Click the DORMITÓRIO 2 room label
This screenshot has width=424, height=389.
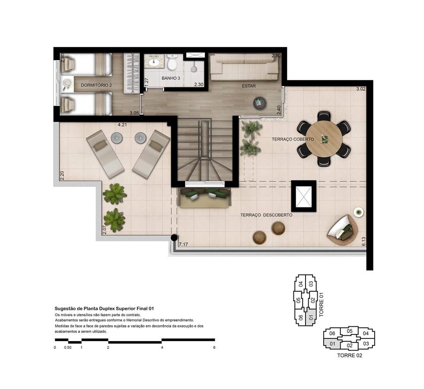(96, 85)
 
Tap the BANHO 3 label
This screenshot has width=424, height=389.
(172, 78)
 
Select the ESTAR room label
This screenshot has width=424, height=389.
(249, 86)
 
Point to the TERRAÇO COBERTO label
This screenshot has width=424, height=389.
(293, 140)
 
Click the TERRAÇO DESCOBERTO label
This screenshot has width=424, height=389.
(266, 215)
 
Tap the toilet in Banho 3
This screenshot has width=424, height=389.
(172, 63)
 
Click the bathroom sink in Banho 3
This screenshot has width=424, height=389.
(154, 62)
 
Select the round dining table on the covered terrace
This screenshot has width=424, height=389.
(325, 139)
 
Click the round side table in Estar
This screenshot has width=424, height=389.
(260, 102)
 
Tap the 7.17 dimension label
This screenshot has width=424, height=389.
(183, 245)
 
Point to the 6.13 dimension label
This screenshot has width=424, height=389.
(363, 241)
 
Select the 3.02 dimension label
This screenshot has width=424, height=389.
(360, 89)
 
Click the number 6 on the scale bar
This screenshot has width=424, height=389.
(214, 348)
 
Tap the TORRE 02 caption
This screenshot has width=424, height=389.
(349, 356)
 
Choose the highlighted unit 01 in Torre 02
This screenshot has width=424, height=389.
(332, 344)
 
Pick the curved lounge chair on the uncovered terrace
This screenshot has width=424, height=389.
(343, 230)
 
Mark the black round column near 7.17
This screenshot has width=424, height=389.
(174, 237)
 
